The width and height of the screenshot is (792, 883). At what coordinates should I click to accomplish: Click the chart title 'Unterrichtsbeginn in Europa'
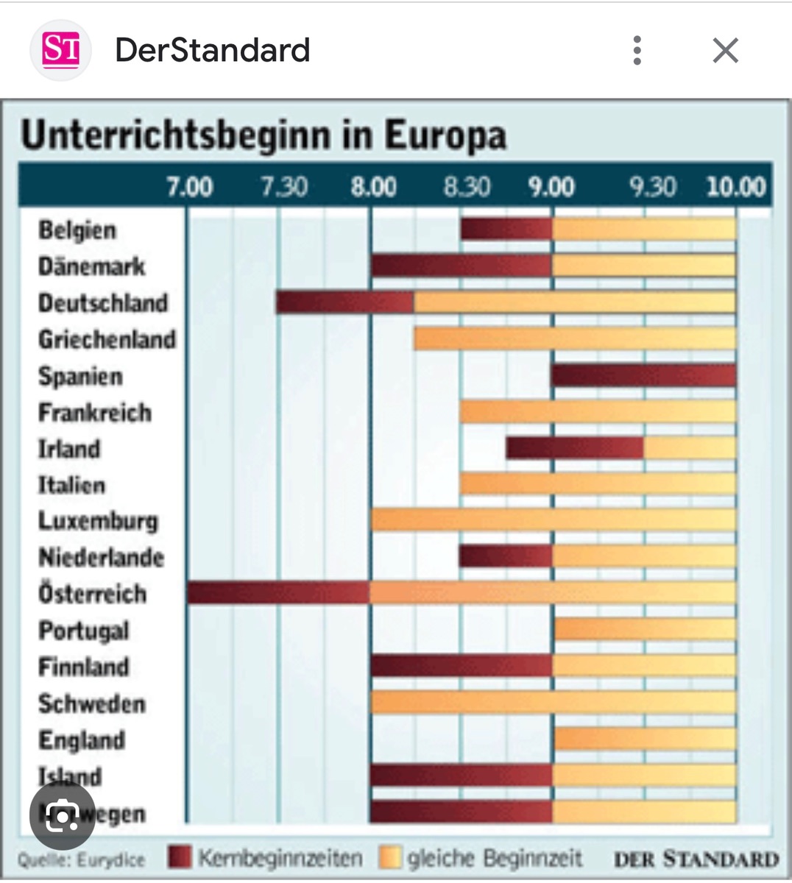tap(264, 135)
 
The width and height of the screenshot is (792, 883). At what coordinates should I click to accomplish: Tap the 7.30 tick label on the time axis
tap(284, 186)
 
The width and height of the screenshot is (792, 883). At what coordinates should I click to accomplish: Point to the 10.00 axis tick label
tap(735, 186)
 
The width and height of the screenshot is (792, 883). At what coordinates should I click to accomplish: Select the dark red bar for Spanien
tap(643, 375)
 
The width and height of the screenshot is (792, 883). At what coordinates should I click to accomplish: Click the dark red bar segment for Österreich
tap(278, 593)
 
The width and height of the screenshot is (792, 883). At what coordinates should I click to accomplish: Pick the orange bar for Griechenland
tap(574, 338)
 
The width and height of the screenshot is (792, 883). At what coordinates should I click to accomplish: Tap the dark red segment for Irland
tap(574, 448)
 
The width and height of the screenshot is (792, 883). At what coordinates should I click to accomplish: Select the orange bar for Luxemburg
tap(553, 520)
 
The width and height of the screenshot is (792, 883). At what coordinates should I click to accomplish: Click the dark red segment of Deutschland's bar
tap(344, 302)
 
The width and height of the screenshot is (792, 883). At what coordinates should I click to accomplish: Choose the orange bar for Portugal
tap(644, 629)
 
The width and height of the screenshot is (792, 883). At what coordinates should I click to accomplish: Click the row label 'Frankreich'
tap(95, 412)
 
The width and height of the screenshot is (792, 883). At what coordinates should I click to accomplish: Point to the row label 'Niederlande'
tap(101, 557)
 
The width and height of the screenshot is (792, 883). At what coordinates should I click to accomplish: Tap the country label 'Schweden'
tap(92, 703)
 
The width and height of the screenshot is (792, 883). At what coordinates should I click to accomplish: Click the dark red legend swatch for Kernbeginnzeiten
tap(180, 857)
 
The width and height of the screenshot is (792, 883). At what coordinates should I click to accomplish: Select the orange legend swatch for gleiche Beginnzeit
tap(390, 857)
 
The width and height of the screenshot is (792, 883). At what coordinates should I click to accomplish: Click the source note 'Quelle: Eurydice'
tap(81, 859)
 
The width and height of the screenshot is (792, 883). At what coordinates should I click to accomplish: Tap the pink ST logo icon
tap(60, 50)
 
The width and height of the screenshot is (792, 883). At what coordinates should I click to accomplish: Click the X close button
tap(725, 51)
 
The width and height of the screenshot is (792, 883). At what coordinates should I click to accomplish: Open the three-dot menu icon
tap(637, 51)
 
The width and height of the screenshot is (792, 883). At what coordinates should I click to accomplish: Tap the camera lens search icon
tap(63, 816)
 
